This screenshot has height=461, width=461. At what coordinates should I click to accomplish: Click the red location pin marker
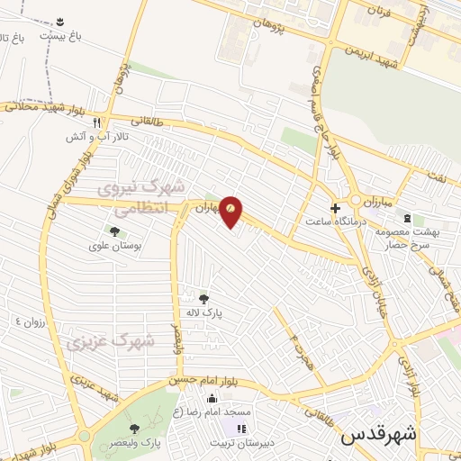pos(231,210)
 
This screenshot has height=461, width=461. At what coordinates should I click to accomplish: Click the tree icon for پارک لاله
pos(204,299)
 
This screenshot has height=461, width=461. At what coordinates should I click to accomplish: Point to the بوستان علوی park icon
pos(113,232)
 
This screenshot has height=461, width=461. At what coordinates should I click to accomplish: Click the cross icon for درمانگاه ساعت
pos(335,208)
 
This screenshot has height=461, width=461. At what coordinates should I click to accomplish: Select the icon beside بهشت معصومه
pos(407,218)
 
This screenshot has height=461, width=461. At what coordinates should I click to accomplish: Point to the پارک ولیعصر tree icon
pos(134,429)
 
